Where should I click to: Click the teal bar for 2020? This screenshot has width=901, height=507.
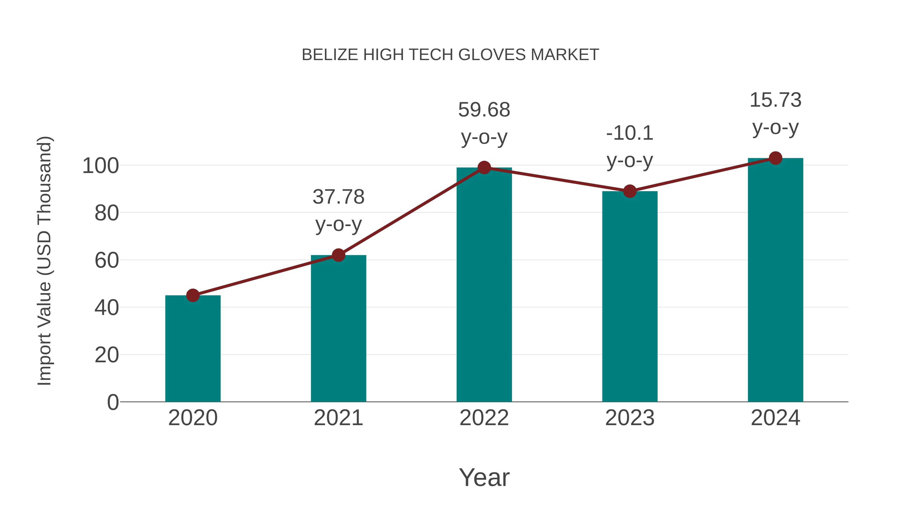point(193,350)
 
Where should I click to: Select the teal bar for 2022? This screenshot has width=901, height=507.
point(484,287)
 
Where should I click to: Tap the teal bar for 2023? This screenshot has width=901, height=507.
point(630,297)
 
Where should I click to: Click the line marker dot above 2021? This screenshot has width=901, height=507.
point(338,255)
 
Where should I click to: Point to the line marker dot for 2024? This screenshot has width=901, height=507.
point(775,158)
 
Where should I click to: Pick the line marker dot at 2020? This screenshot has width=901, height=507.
point(193,295)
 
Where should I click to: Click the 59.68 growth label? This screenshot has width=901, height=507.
point(484,110)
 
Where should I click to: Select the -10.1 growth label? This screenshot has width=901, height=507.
point(630,133)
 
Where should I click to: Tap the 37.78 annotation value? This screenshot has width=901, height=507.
point(338,197)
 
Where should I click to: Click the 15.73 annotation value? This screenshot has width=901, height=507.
point(775,100)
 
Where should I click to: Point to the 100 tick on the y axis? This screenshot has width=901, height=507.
point(100,165)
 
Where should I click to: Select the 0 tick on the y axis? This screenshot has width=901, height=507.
point(113,402)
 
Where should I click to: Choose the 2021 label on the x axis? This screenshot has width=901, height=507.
point(338,418)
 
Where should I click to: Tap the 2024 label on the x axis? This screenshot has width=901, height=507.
point(775,418)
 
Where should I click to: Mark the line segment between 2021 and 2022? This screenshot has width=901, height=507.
point(411,211)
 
